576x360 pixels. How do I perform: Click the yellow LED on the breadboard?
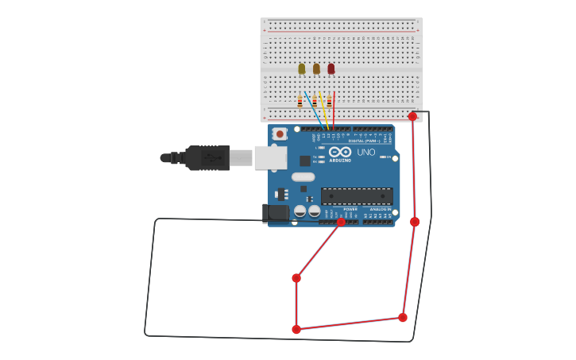click(302, 69)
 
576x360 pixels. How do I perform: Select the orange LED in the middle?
click(316, 69)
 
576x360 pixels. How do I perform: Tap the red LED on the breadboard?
click(331, 69)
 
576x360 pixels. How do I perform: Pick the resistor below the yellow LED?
click(300, 101)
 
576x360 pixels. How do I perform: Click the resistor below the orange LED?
click(315, 101)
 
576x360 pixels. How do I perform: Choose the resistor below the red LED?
click(329, 101)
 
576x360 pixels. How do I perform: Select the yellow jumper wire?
click(324, 111)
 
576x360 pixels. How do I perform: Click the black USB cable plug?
click(208, 158)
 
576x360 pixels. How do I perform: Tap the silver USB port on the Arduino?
click(270, 157)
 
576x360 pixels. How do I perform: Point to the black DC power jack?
click(276, 212)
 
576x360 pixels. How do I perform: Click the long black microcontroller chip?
click(357, 195)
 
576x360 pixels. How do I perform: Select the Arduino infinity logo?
click(340, 152)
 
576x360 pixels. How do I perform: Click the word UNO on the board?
click(365, 153)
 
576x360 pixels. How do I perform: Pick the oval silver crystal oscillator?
click(303, 177)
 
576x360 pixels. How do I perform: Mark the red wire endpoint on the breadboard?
click(412, 117)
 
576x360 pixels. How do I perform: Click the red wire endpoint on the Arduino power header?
click(341, 223)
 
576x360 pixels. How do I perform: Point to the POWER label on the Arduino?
click(350, 209)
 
